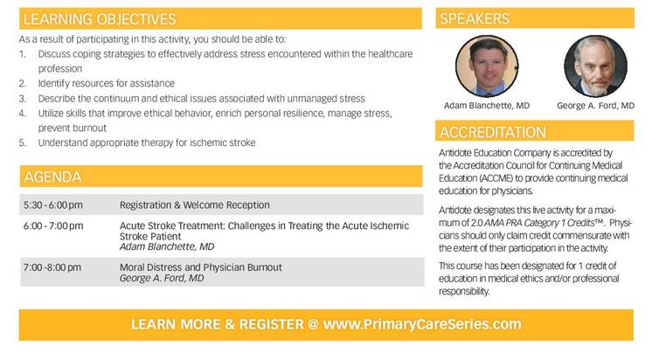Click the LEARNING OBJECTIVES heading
100,19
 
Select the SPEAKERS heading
475,18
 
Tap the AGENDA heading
52,177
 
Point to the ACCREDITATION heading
493,132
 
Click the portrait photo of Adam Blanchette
487,66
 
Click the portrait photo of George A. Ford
595,66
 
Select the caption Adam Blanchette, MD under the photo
487,106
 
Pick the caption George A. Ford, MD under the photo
595,106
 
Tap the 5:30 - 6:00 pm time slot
53,205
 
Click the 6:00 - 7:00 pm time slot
53,226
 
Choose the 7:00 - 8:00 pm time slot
52,267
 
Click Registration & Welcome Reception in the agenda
195,205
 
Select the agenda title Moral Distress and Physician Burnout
201,267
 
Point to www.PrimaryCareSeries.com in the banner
422,324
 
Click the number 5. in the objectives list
23,143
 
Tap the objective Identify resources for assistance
107,84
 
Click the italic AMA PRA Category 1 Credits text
539,223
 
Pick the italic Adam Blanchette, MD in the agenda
167,247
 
